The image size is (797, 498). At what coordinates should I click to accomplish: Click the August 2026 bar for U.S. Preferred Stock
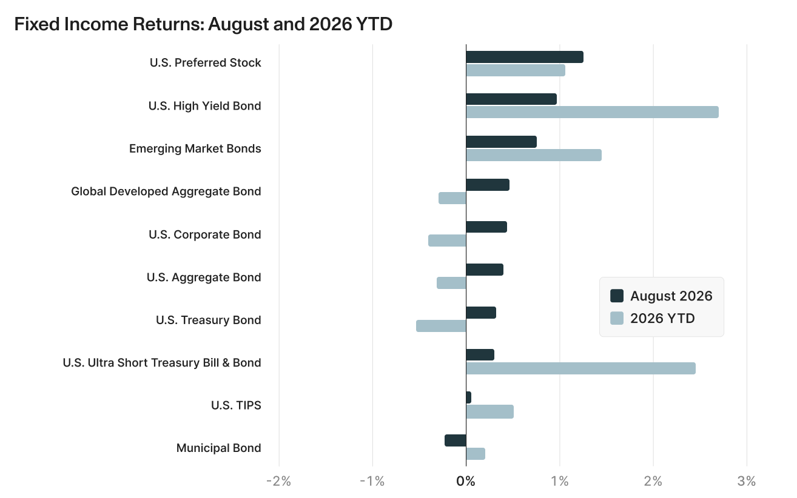point(525,57)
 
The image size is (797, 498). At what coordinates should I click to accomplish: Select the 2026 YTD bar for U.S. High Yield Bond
point(593,112)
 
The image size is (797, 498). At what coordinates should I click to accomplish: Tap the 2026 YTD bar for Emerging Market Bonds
point(534,155)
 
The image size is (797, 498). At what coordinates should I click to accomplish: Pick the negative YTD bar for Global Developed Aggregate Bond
point(452,198)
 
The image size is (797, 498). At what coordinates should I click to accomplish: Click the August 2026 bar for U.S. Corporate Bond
point(486,227)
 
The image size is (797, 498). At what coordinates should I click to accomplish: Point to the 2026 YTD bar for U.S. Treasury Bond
point(441,326)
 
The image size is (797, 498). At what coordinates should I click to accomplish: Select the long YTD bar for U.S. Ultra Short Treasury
point(580,368)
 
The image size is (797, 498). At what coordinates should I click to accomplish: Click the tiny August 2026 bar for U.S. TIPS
point(469,397)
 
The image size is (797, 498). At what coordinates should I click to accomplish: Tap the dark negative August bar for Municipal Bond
point(456,440)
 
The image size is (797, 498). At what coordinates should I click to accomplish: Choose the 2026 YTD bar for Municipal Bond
point(476,454)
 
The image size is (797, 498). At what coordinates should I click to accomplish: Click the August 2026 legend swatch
point(617,296)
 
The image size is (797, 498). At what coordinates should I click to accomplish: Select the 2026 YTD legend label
point(662,318)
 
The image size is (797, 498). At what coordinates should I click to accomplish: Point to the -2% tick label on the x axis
point(278,481)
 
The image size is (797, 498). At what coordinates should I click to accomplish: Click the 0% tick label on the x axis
point(466,481)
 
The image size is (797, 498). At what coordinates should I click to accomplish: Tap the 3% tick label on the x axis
point(747,481)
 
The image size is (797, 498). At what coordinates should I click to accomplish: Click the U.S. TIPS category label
point(236,405)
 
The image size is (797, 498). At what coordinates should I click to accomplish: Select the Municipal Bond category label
point(219,448)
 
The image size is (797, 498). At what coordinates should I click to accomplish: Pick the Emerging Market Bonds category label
point(195,148)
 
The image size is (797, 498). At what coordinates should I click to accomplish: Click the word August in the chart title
point(238,24)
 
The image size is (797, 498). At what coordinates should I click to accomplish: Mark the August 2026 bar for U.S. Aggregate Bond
point(485,270)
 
